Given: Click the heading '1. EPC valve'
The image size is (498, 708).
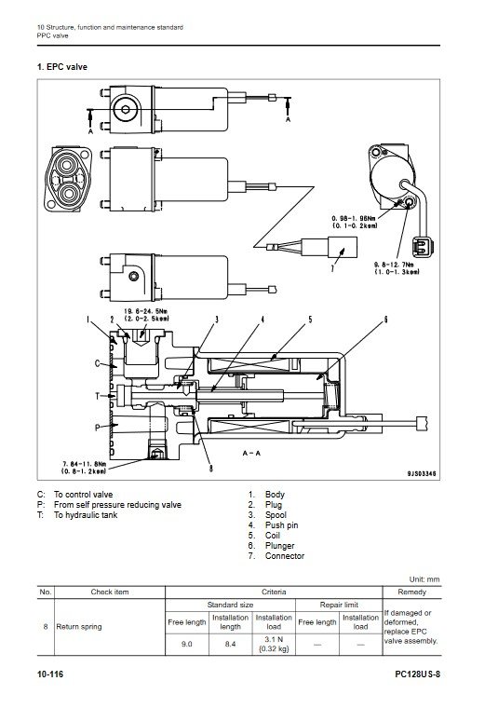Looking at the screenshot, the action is coord(62,67).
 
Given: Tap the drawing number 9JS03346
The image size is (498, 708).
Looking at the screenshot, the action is coord(422,473).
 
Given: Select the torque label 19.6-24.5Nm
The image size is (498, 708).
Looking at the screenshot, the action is coord(146,311).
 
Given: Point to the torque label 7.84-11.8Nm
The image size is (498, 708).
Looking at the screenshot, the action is coord(85,464).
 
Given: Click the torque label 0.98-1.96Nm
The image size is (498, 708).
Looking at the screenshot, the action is coord(355,219).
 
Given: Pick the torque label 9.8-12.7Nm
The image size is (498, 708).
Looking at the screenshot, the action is coord(394,265).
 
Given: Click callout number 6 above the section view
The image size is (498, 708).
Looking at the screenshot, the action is coord(385,320).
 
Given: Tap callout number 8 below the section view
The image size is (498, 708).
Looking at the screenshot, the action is coord(211,469).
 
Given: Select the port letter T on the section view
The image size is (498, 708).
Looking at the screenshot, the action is coord(98,396).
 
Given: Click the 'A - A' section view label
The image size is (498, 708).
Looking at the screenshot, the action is coord(251,453).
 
